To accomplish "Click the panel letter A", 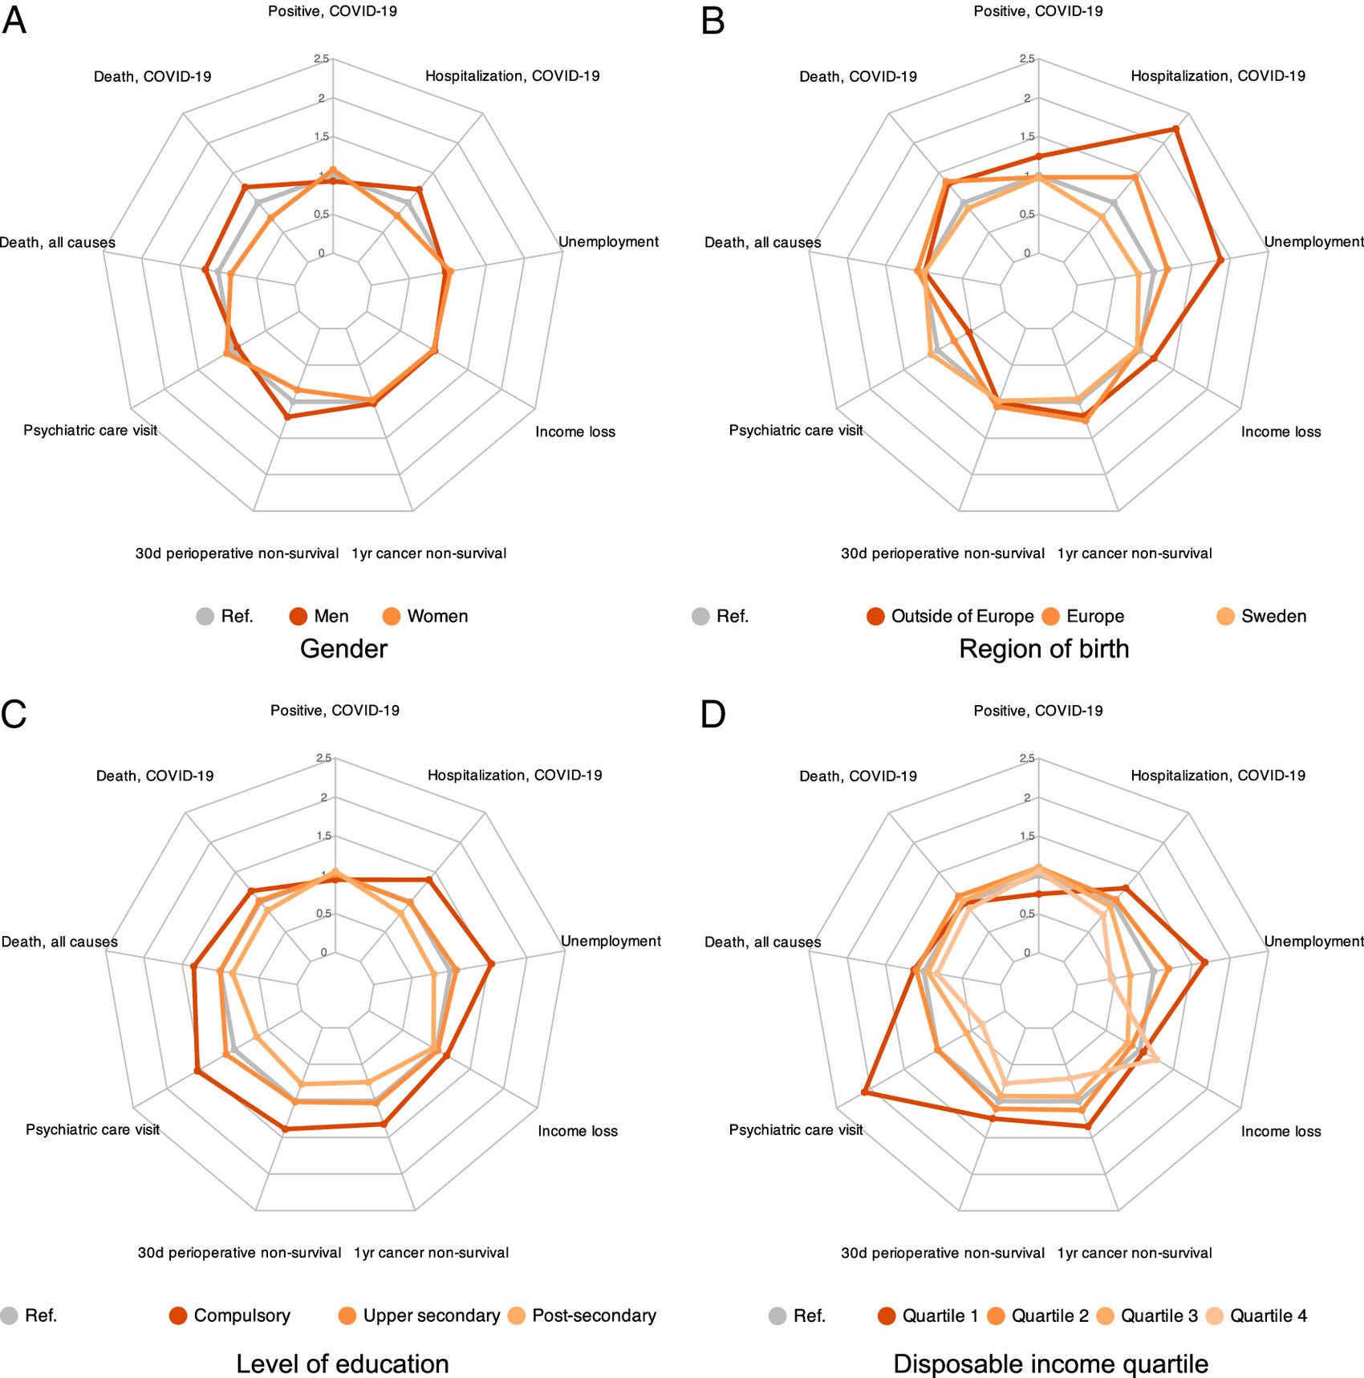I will click(14, 20).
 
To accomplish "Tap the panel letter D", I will click(712, 714).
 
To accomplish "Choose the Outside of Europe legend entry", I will click(951, 616).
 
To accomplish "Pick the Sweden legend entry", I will click(1261, 616).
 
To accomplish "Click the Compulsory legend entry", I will click(230, 1315).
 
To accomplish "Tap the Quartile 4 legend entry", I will click(1256, 1315).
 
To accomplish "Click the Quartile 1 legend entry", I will click(928, 1315).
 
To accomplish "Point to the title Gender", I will click(343, 649).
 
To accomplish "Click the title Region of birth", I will click(1044, 649).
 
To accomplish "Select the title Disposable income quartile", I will click(1050, 1364).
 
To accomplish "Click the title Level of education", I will click(343, 1364).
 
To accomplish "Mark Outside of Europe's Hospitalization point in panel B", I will click(1175, 128).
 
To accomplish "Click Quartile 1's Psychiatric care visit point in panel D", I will click(864, 1092).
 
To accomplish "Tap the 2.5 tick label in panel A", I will click(322, 59).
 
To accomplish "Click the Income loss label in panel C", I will click(578, 1131).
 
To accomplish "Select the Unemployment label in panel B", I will click(1313, 241).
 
